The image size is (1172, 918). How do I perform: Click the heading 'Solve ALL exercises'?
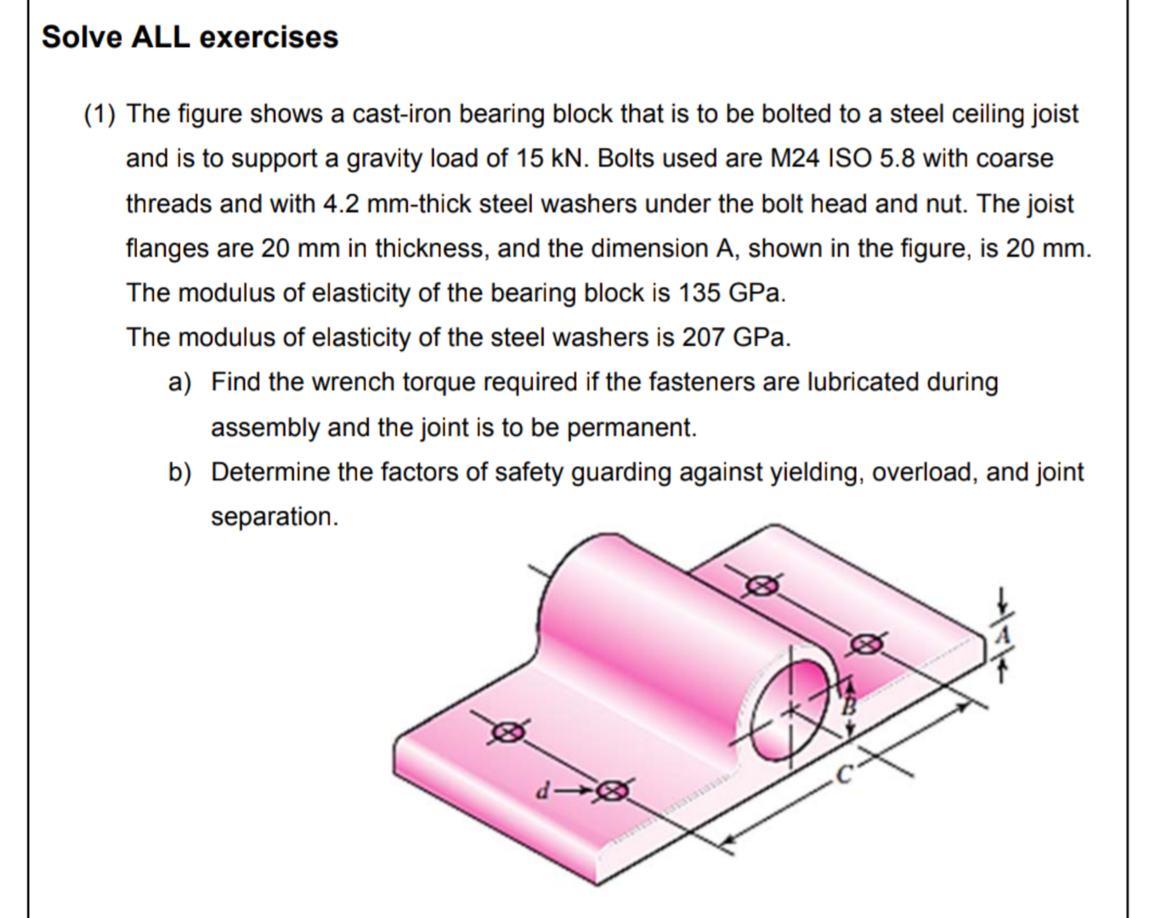tap(190, 37)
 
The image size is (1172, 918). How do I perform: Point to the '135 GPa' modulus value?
tap(730, 293)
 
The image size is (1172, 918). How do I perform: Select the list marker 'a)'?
tap(179, 382)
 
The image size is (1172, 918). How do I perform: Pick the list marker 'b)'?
tap(179, 473)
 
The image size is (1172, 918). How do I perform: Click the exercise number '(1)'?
tap(101, 114)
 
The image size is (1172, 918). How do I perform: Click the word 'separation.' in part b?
tap(274, 517)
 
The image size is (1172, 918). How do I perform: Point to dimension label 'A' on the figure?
tap(1003, 635)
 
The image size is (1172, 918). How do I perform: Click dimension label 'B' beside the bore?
tap(848, 705)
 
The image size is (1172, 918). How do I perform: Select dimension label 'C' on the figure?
tap(843, 774)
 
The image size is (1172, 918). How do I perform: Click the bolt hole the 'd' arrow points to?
tap(612, 791)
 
